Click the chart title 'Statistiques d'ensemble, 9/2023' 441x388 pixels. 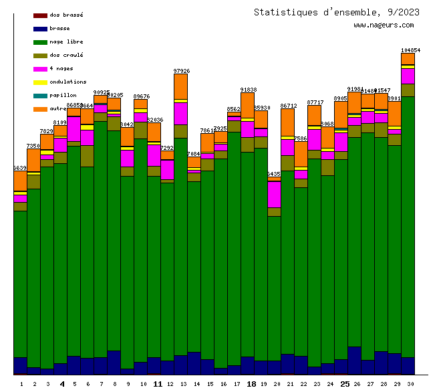click(337, 12)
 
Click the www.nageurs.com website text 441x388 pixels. click(384, 25)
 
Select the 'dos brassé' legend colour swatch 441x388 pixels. click(40, 15)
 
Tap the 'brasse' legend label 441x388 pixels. click(59, 29)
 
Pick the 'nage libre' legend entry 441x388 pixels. click(66, 42)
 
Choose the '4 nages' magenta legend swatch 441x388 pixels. click(40, 69)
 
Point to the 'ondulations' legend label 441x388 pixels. click(67, 82)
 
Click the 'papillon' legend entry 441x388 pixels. click(63, 96)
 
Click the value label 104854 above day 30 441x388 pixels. click(410, 50)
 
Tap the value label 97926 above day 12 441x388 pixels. click(181, 71)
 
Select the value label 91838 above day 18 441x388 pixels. click(248, 90)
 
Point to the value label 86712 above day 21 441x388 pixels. click(288, 106)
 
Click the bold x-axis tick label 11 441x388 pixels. click(158, 384)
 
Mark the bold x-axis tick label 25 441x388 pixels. click(345, 384)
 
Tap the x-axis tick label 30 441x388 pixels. click(408, 384)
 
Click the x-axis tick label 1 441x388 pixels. click(21, 384)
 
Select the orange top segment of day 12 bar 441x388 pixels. click(180, 86)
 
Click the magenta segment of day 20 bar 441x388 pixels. click(274, 194)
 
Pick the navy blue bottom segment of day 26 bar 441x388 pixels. click(354, 360)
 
